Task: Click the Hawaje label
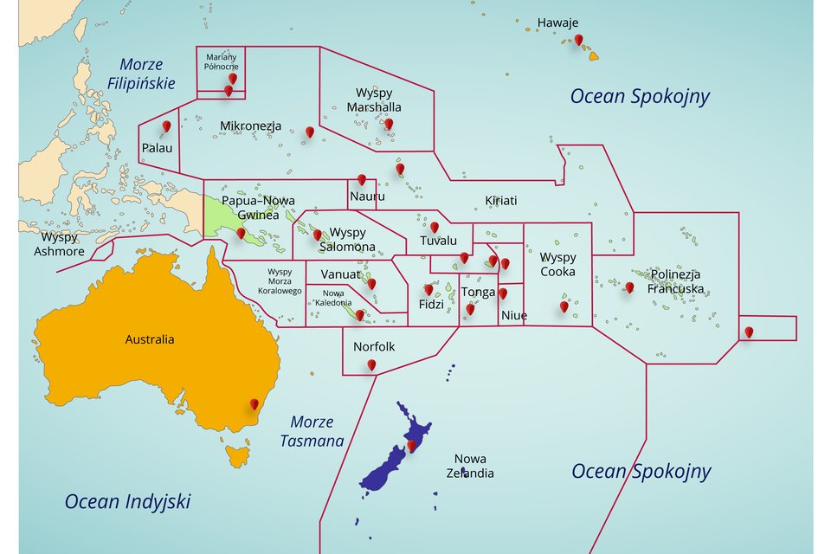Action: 557,23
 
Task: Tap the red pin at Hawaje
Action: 578,39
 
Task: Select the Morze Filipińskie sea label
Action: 142,74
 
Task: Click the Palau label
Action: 157,148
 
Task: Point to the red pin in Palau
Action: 166,126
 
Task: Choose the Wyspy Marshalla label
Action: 374,100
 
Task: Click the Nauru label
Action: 367,196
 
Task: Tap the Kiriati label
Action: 500,200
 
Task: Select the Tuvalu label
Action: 438,241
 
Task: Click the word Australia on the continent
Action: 149,339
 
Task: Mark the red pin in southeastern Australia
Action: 254,403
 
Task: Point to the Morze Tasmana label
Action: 312,431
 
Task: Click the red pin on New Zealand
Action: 412,445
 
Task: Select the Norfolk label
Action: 374,346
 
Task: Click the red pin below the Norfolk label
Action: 371,364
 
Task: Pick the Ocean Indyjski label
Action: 127,501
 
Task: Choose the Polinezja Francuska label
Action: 675,281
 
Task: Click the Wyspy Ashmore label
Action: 59,244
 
